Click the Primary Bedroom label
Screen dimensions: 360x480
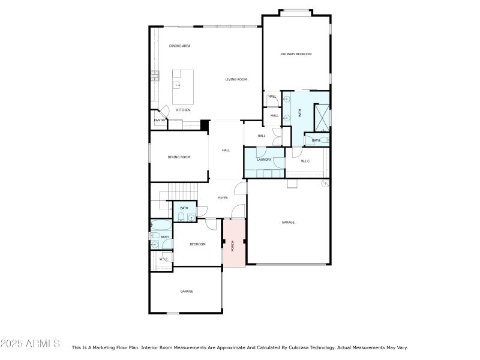point(296,55)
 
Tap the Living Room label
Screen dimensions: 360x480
point(236,79)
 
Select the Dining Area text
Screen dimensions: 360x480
point(179,46)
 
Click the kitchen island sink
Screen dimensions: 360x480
point(178,85)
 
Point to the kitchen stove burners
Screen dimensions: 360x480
point(155,75)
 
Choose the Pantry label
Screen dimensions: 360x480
point(160,120)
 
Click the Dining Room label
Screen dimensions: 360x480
point(179,157)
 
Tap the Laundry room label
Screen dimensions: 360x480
point(264,160)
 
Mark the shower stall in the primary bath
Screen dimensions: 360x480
point(322,117)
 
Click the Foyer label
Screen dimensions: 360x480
point(223,197)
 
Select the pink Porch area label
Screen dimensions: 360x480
point(232,245)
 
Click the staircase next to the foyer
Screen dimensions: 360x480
point(182,191)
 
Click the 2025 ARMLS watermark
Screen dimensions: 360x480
point(30,344)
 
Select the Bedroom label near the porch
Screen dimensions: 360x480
point(198,244)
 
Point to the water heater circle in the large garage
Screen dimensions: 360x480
point(325,183)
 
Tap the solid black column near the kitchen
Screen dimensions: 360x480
point(204,125)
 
